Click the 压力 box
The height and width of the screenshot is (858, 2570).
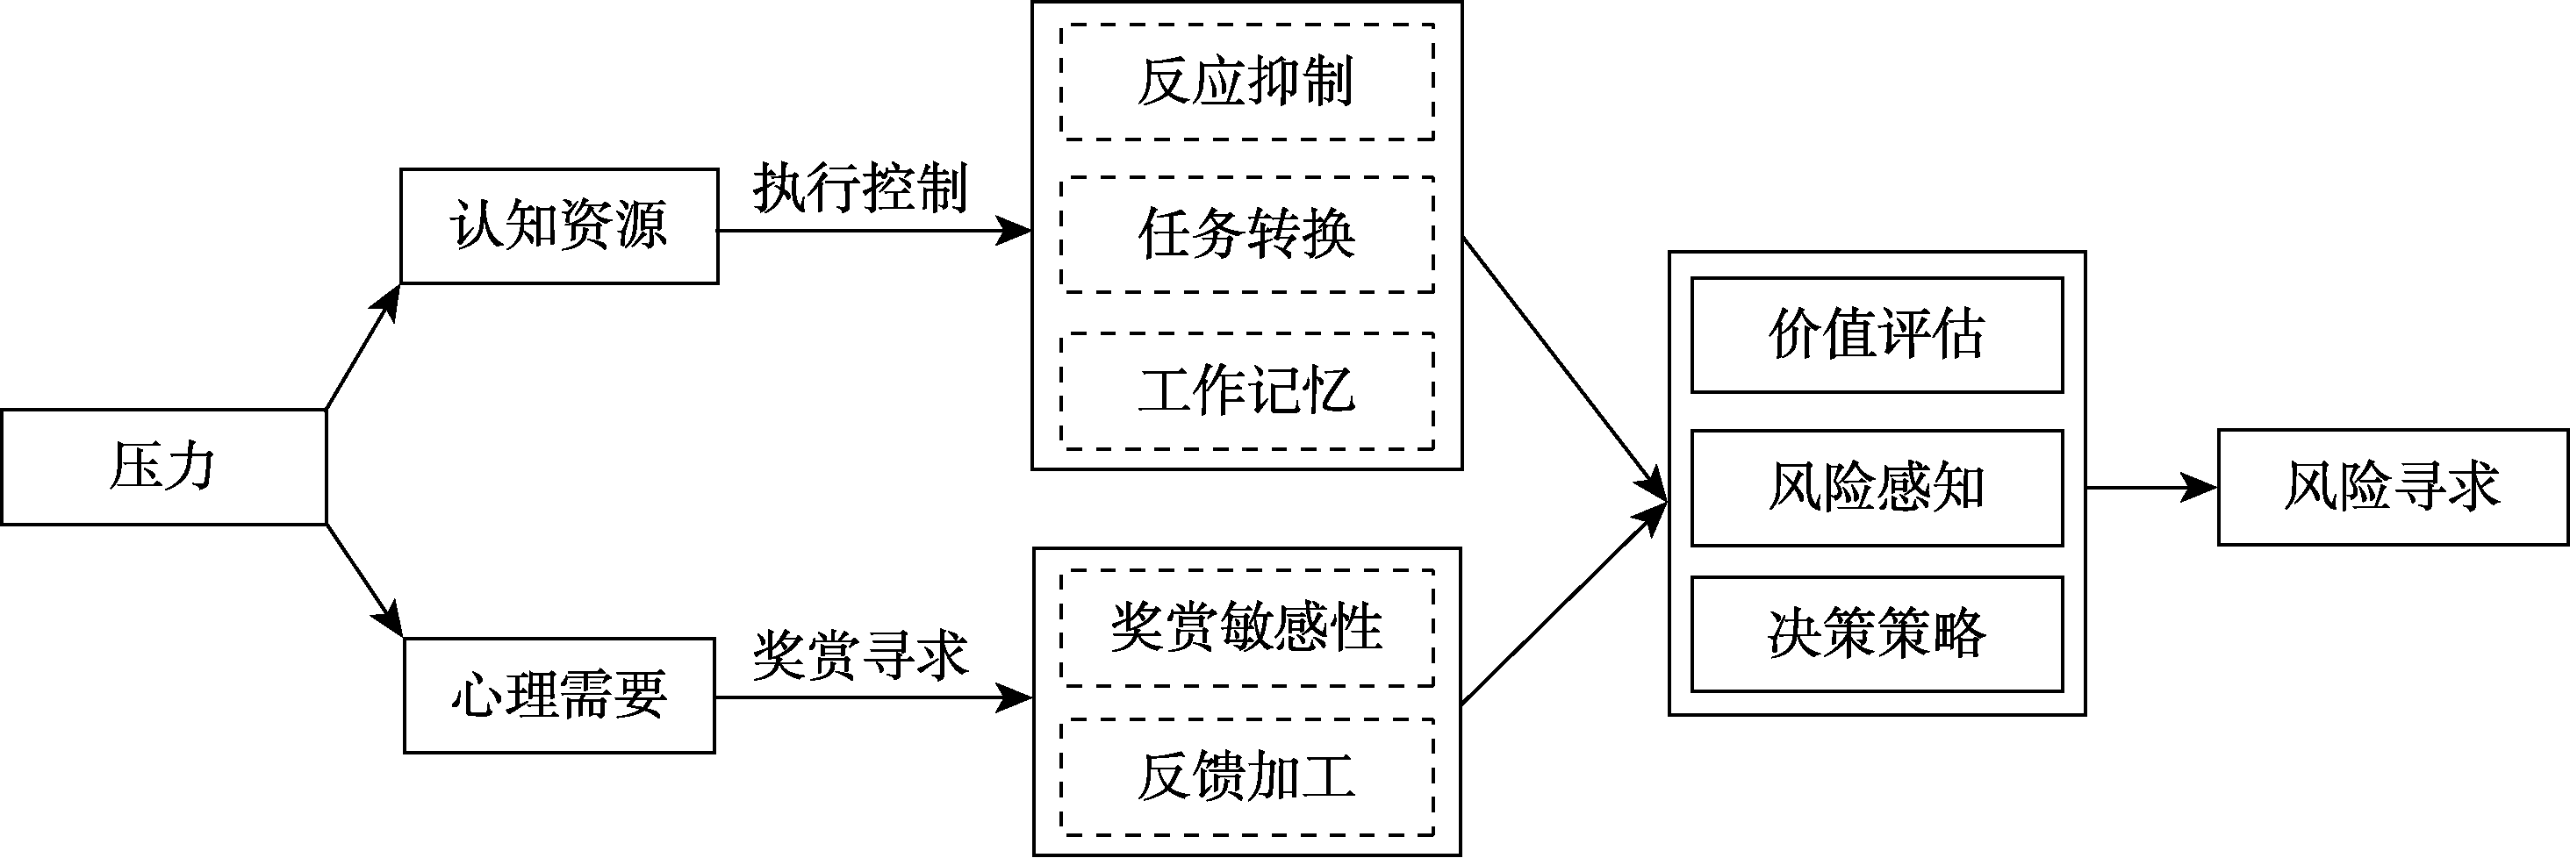pos(162,467)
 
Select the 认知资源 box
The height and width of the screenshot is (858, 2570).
pos(559,226)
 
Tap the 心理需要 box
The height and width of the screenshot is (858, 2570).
pos(559,696)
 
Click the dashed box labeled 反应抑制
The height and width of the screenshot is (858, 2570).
pos(1246,82)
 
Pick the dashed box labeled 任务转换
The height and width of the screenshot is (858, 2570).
pos(1246,235)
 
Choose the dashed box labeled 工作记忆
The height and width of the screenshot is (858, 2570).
pos(1246,391)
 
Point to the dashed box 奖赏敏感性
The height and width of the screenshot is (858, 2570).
pos(1246,628)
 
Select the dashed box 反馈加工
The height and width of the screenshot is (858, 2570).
pos(1246,777)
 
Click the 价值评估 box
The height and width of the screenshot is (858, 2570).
pos(1876,335)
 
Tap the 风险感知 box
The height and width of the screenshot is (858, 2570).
pos(1876,488)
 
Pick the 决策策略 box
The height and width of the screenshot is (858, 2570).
pos(1876,634)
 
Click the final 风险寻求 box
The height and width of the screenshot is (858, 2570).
pos(2393,488)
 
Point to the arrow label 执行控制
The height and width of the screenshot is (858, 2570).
pos(860,188)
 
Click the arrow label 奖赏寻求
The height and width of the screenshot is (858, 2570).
pos(860,655)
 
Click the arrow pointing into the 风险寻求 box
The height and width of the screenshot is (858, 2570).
pos(2150,488)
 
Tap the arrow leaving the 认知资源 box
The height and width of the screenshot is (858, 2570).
pos(873,232)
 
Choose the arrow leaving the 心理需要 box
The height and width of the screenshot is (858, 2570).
pos(873,697)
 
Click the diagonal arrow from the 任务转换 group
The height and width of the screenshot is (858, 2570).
pos(1564,368)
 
